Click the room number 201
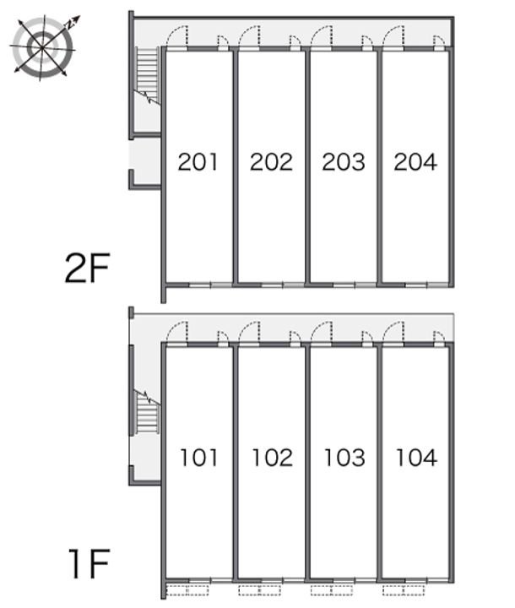(198, 161)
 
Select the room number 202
(271, 161)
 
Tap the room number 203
(344, 161)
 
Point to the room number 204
(415, 161)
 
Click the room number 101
(199, 457)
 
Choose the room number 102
(272, 457)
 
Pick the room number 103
(344, 457)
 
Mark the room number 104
(416, 457)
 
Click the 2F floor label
(88, 268)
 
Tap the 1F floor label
(89, 564)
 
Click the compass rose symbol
(43, 46)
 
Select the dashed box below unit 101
(187, 590)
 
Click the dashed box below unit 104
(404, 590)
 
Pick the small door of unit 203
(367, 43)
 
